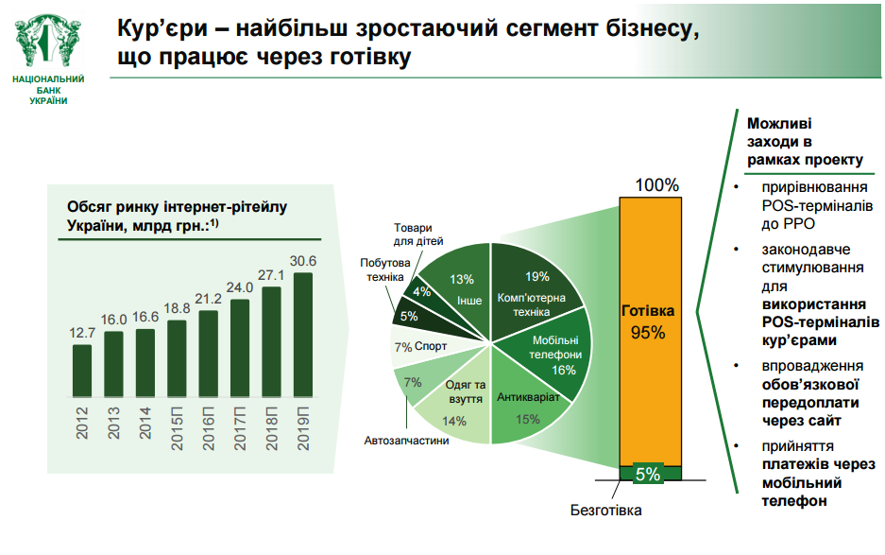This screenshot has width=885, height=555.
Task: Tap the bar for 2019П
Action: (302, 335)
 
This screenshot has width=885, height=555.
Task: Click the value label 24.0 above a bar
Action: (240, 287)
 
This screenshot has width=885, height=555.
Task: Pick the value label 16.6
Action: (145, 318)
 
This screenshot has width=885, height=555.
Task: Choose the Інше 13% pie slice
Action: (460, 284)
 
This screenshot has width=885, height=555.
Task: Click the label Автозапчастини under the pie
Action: (407, 441)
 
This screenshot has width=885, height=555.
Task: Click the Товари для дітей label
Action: (412, 234)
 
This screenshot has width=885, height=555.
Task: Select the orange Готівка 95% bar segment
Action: (648, 321)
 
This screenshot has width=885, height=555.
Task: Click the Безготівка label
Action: (605, 512)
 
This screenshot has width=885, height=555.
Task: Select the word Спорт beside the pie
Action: (431, 347)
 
